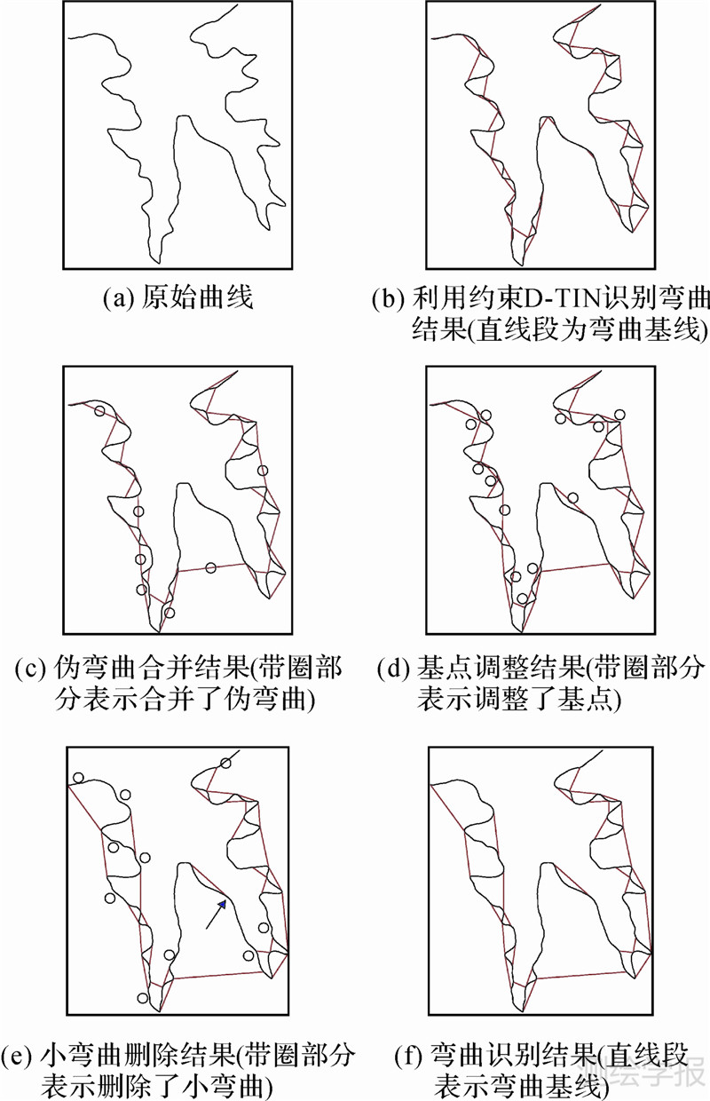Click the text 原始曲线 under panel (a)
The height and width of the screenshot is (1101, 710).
197,297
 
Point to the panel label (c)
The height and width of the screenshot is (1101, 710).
30,669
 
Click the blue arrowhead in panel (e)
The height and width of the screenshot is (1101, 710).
223,903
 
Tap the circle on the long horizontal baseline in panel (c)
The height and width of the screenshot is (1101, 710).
211,568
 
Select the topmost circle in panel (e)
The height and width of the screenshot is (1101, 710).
225,764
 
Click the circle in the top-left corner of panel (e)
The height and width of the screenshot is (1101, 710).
79,778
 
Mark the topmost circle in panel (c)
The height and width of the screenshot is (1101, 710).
99,411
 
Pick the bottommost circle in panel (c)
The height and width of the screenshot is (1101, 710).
170,613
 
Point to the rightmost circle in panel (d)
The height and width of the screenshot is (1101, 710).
620,415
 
